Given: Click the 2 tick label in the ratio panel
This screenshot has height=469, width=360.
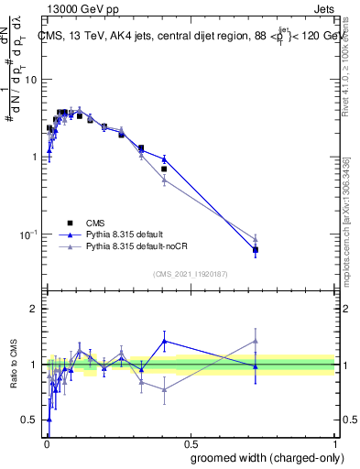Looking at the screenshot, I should (x=34, y=310).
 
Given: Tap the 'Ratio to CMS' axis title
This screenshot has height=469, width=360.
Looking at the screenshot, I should (x=14, y=365).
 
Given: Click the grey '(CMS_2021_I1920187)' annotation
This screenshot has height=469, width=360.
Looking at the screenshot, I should (x=190, y=273).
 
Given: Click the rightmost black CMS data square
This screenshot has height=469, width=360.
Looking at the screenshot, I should (x=256, y=249).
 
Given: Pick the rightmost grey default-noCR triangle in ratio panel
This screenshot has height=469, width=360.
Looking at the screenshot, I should (x=256, y=342).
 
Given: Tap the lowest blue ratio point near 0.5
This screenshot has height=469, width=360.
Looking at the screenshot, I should (x=49, y=420).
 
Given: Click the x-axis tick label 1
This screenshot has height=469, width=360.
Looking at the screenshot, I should (x=335, y=442).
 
